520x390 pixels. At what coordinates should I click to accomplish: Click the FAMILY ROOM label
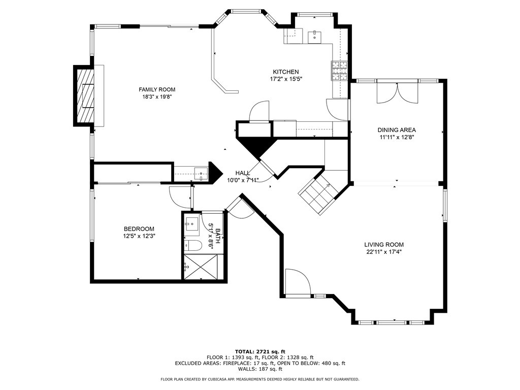point(157,89)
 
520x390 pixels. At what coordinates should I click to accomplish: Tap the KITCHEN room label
point(285,72)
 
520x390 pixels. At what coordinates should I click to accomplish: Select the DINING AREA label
point(397,130)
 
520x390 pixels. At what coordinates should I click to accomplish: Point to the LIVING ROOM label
point(384,245)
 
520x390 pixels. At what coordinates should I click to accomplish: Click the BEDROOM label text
point(139,229)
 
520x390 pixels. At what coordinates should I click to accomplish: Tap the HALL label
point(243,173)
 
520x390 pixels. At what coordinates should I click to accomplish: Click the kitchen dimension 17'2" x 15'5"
point(286,79)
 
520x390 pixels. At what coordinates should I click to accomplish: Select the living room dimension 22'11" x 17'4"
point(384,252)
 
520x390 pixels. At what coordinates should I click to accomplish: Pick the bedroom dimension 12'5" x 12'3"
point(139,236)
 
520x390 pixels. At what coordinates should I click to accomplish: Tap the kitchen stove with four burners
point(339,71)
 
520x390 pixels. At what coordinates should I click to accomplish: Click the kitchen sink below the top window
point(314,37)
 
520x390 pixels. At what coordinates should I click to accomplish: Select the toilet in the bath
point(193,245)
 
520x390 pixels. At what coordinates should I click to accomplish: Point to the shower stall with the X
point(204,267)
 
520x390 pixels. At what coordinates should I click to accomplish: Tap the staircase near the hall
point(319,194)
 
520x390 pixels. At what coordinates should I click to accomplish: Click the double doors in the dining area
point(398,93)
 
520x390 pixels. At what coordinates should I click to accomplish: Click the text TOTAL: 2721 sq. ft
point(260,351)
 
